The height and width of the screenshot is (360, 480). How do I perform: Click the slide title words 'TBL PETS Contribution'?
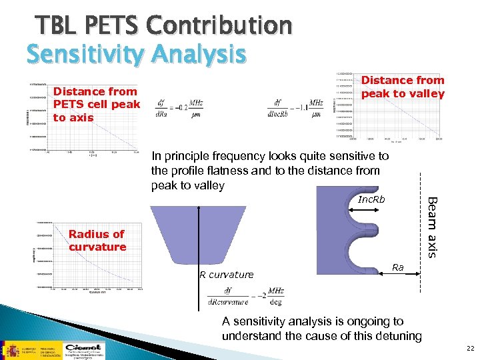[x=164, y=25]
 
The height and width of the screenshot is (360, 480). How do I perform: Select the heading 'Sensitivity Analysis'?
[x=136, y=54]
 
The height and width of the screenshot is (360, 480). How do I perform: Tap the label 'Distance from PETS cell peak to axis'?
[x=97, y=105]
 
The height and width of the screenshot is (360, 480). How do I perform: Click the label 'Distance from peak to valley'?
[x=402, y=87]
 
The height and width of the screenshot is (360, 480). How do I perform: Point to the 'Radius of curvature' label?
[x=97, y=241]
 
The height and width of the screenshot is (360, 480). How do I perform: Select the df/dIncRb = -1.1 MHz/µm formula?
[x=298, y=107]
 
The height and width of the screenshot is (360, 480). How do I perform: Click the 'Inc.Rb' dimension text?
[x=371, y=200]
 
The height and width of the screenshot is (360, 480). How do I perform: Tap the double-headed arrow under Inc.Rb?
[x=371, y=213]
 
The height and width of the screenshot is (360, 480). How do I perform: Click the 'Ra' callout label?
[x=397, y=267]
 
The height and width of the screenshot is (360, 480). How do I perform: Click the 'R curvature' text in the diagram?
[x=226, y=274]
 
